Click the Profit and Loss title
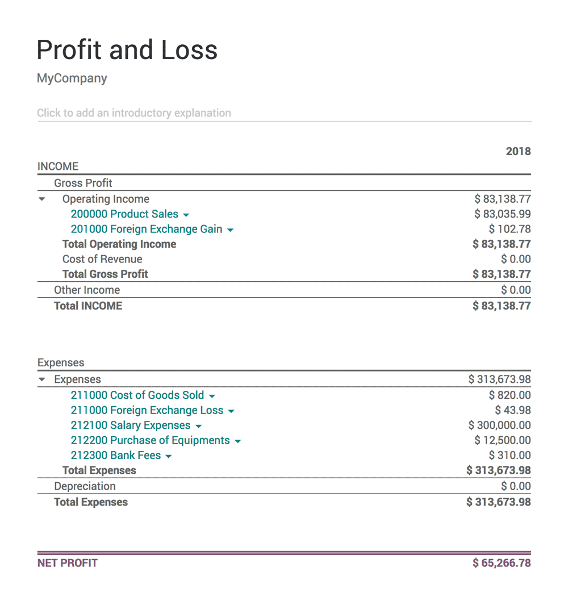click(x=127, y=50)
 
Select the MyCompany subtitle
click(x=72, y=78)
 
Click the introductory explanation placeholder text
click(x=134, y=113)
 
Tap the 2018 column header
click(x=518, y=151)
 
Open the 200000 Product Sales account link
click(x=124, y=214)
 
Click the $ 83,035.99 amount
click(x=503, y=214)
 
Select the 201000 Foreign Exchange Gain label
click(x=147, y=229)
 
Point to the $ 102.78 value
click(x=509, y=229)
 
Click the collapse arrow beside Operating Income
click(x=42, y=199)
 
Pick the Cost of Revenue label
click(x=102, y=259)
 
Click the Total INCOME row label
click(x=88, y=306)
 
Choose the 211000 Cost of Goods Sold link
click(x=137, y=395)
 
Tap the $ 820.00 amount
click(x=509, y=395)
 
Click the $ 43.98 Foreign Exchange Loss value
click(x=513, y=410)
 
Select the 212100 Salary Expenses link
click(x=131, y=425)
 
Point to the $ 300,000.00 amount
click(x=500, y=425)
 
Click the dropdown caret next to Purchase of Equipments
click(x=237, y=441)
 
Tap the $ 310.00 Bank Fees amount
click(x=509, y=456)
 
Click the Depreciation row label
click(x=85, y=486)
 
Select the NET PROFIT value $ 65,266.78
click(x=502, y=563)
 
